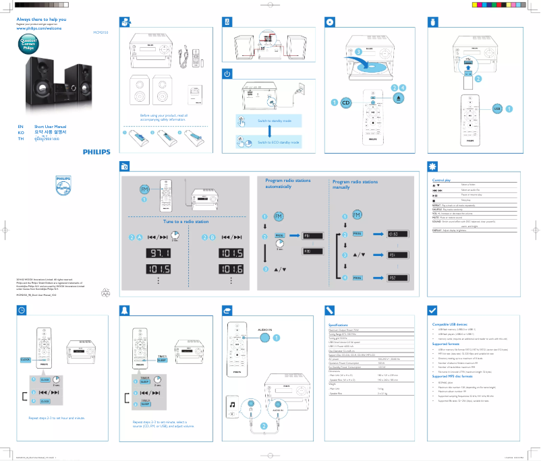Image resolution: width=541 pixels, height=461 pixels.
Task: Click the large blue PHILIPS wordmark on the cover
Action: click(x=94, y=152)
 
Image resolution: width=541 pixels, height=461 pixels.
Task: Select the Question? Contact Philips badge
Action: click(x=28, y=45)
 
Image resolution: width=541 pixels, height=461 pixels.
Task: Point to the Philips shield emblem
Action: click(x=62, y=187)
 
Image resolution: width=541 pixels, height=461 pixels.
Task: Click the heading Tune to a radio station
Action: click(x=186, y=221)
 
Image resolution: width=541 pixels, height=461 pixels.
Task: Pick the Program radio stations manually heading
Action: click(x=355, y=185)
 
